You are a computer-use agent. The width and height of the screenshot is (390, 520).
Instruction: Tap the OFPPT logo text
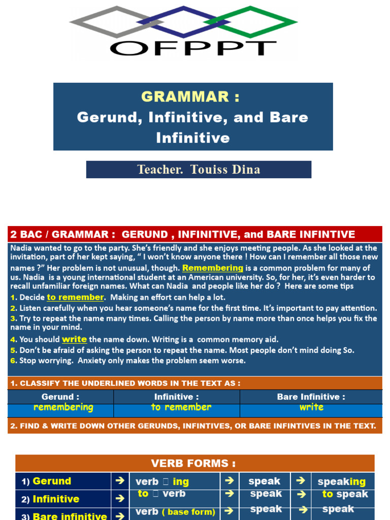(x=192, y=48)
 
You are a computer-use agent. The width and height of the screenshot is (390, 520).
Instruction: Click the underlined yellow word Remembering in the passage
(x=213, y=268)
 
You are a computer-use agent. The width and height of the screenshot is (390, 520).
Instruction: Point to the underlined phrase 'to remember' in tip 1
(x=76, y=297)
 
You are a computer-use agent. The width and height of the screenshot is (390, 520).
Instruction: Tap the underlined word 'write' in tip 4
(x=74, y=339)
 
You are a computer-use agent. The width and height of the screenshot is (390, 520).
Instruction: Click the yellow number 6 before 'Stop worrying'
(x=13, y=361)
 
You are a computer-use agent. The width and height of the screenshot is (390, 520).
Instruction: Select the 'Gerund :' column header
(x=60, y=397)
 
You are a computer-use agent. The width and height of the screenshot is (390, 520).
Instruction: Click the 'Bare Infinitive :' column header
(x=311, y=397)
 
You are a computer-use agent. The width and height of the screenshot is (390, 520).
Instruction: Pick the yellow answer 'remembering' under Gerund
(x=63, y=407)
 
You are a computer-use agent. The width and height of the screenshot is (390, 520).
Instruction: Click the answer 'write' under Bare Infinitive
(x=311, y=407)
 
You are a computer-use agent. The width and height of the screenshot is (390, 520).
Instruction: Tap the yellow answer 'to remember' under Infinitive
(x=181, y=407)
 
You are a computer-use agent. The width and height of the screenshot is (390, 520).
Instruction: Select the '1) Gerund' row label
(x=46, y=481)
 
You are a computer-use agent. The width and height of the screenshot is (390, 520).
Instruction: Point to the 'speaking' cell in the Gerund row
(x=341, y=481)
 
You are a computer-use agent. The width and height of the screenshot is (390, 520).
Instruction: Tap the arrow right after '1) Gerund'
(x=120, y=481)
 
